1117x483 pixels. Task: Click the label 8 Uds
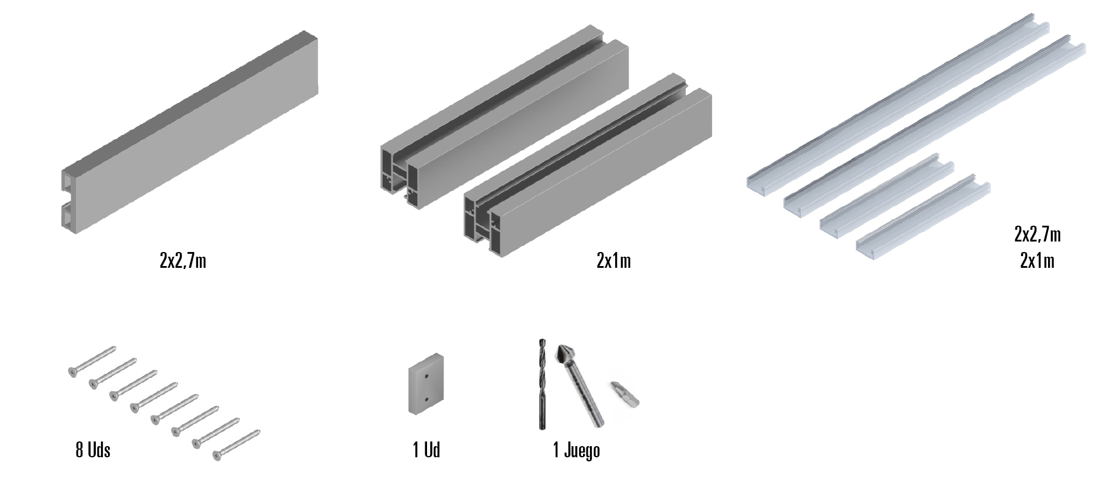(x=93, y=450)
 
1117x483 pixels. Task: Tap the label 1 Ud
(x=426, y=450)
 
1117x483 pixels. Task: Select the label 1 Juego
(x=577, y=450)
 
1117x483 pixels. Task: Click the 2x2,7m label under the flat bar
(x=183, y=260)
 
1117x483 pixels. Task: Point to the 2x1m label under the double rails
(x=614, y=260)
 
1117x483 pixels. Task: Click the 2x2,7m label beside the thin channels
(x=1038, y=234)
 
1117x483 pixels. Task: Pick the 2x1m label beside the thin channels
(x=1038, y=260)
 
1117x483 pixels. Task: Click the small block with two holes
(x=425, y=384)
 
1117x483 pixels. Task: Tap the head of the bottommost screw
(x=218, y=454)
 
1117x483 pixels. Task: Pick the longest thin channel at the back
(x=898, y=107)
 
